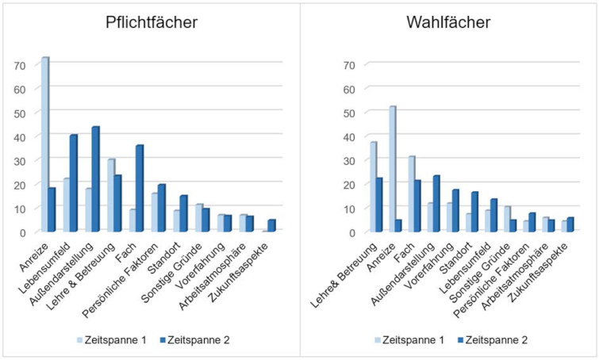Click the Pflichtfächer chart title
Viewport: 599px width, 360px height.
[152, 23]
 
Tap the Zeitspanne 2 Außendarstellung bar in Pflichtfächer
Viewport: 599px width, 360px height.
[96, 179]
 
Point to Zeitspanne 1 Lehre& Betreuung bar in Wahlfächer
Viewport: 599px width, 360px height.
[372, 186]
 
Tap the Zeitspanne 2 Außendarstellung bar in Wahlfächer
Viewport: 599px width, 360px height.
[436, 204]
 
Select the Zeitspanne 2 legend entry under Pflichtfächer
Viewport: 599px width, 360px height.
[190, 339]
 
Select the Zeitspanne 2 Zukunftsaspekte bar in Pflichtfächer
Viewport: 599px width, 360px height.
[272, 225]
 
